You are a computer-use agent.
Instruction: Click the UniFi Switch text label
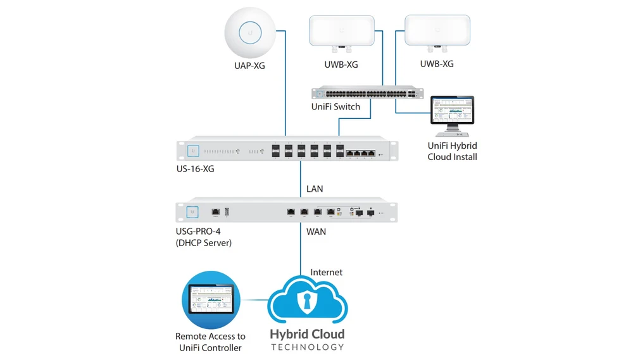click(x=335, y=107)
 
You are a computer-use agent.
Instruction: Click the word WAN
click(x=316, y=232)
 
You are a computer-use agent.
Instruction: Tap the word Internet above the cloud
click(x=326, y=272)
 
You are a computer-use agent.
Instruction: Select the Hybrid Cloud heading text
click(x=308, y=333)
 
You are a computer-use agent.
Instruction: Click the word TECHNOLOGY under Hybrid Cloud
click(x=308, y=347)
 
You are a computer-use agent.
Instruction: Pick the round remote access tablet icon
click(x=211, y=300)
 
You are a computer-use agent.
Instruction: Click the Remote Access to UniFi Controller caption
click(x=210, y=342)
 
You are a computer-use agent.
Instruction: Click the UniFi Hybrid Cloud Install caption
click(x=452, y=151)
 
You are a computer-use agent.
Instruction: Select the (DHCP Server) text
click(x=204, y=242)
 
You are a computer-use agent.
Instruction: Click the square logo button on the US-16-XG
click(x=192, y=151)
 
